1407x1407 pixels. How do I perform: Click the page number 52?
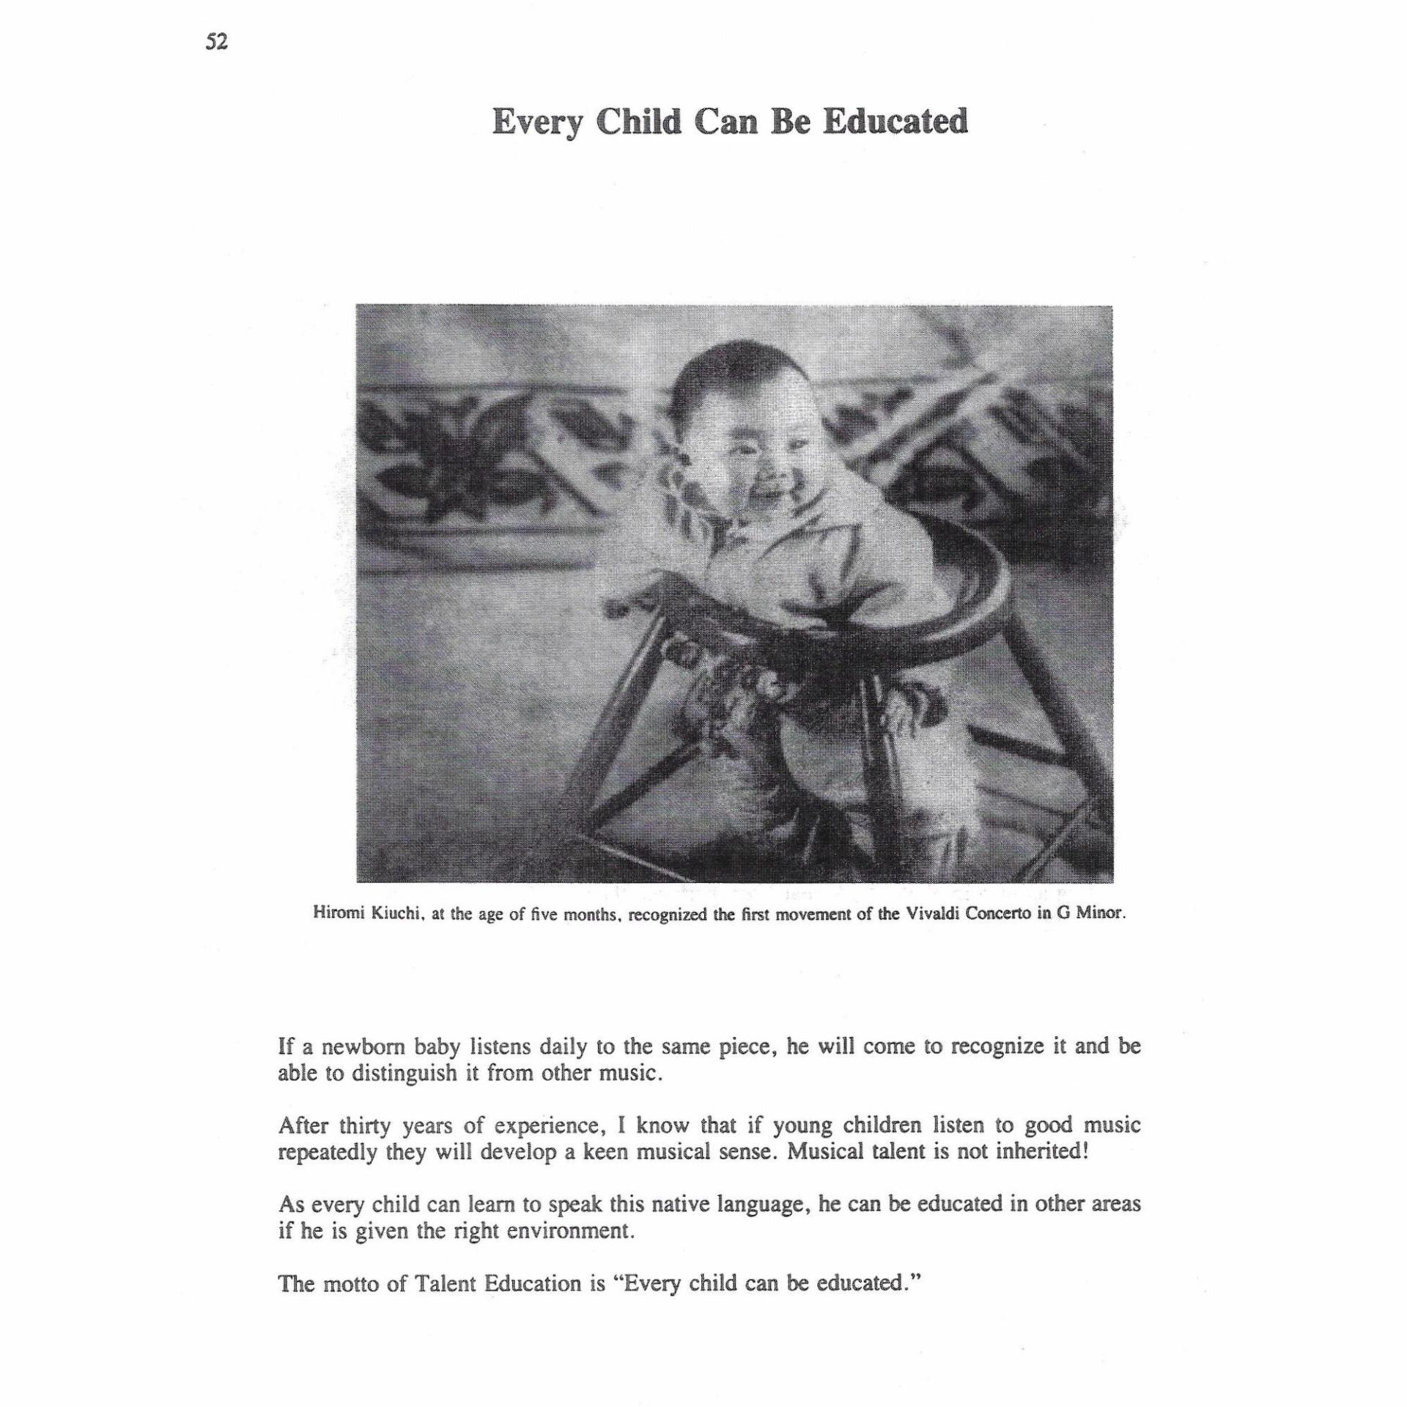point(217,43)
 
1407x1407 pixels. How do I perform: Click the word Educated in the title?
point(895,122)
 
